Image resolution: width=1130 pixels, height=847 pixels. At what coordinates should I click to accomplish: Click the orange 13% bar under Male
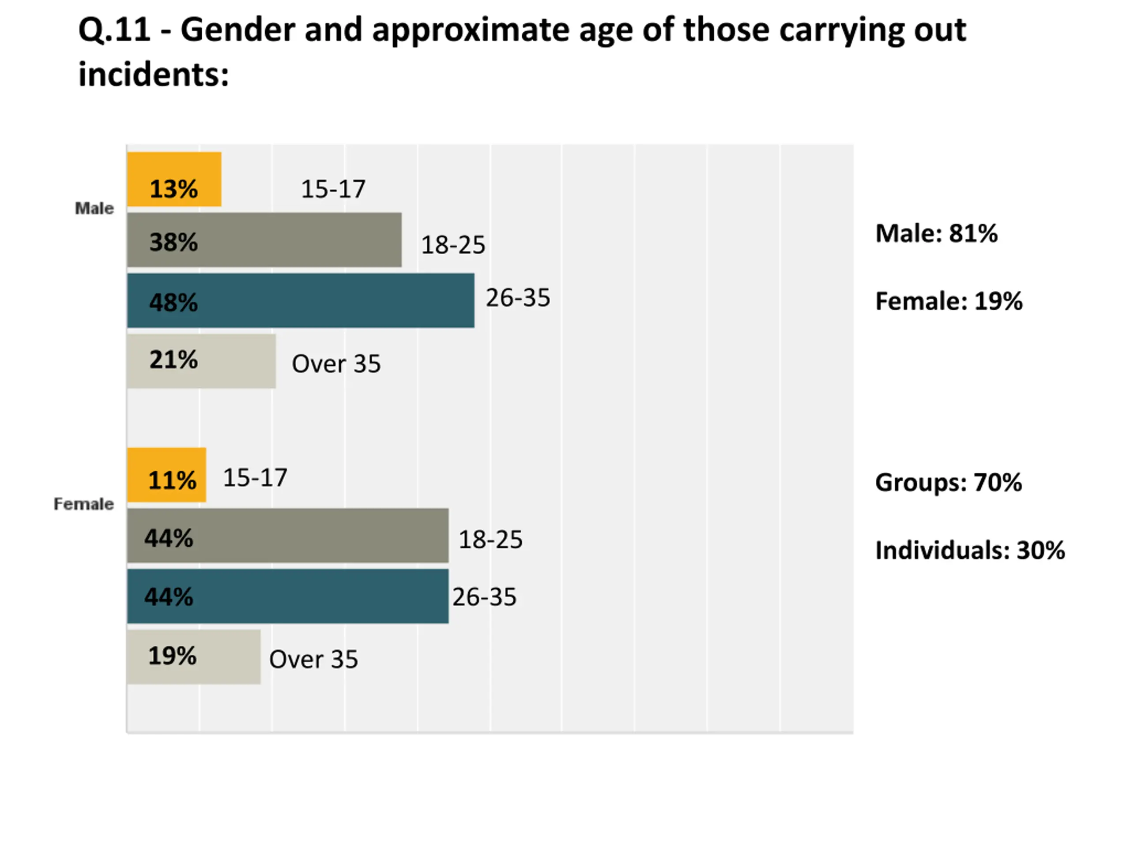(x=174, y=179)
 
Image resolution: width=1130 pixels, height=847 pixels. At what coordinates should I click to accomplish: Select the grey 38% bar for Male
(x=264, y=240)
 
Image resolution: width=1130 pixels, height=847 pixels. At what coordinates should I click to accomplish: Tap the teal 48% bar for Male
(x=301, y=300)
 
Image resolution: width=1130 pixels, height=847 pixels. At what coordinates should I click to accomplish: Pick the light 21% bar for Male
(x=201, y=361)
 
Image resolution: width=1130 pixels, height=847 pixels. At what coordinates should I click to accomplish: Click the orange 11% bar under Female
(x=166, y=475)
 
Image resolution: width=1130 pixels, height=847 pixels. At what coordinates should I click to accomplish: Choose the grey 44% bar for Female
(x=288, y=536)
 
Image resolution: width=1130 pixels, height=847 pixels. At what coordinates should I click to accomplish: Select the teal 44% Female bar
(x=288, y=596)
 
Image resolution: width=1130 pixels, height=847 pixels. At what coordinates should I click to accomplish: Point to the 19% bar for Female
(x=194, y=656)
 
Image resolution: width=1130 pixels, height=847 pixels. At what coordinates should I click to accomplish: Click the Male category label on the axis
(x=94, y=208)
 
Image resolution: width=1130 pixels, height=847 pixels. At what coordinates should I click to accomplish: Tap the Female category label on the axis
(x=84, y=504)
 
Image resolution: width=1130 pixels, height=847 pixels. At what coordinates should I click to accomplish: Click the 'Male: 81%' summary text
(x=936, y=233)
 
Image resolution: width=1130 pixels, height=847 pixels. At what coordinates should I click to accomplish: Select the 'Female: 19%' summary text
(x=949, y=301)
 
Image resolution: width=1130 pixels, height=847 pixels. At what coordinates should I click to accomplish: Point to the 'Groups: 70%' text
(x=949, y=483)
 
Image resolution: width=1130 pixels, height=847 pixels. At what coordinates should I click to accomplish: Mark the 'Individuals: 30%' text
(x=970, y=551)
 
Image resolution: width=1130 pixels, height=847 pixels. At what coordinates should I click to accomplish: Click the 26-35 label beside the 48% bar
(x=518, y=298)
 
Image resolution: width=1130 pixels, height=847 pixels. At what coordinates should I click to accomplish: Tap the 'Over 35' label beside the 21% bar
(x=336, y=364)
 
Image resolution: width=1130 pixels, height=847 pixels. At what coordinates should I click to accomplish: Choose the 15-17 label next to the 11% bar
(x=256, y=478)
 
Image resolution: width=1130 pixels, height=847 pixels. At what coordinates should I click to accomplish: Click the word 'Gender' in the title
(x=238, y=29)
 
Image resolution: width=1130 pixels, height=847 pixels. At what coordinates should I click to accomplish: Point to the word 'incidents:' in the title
(x=154, y=74)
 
